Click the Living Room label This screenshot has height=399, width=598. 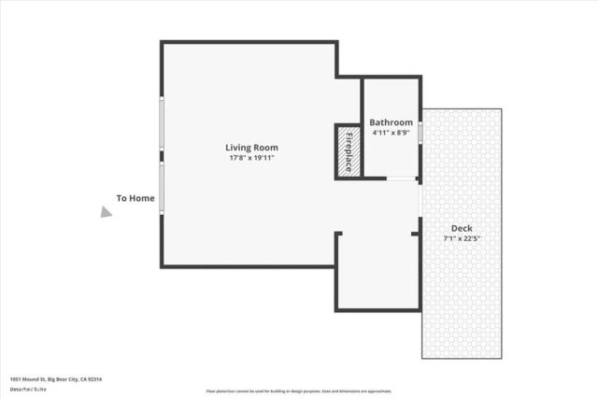[251, 147]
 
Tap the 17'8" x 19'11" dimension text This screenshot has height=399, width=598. [251, 158]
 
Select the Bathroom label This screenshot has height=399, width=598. [391, 122]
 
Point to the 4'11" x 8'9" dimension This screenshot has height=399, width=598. [391, 133]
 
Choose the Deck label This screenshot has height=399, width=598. [462, 228]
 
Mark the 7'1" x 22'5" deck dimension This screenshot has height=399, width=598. [462, 238]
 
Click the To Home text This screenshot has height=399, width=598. [135, 198]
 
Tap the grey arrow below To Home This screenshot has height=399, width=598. [107, 212]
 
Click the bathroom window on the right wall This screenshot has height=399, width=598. [420, 133]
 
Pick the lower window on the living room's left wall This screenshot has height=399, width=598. [161, 188]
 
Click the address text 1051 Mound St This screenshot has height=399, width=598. [28, 378]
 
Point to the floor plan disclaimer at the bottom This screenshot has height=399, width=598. [299, 392]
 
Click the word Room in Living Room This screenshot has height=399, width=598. [266, 147]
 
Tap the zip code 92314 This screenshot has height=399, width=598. [94, 378]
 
